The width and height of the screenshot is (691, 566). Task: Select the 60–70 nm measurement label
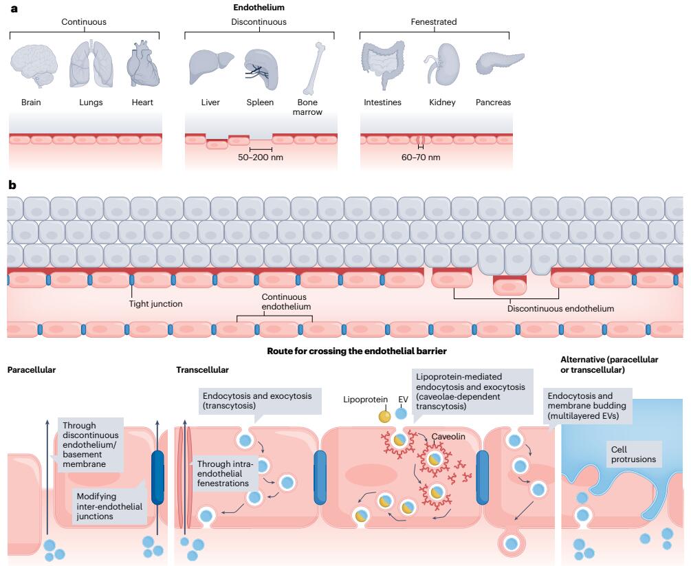[x=420, y=157]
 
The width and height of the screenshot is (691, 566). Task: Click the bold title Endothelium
[x=259, y=8]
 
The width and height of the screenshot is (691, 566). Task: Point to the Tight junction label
[x=155, y=303]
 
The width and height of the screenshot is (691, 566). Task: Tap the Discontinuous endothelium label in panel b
[x=560, y=309]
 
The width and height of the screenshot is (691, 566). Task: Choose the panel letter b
[x=12, y=186]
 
